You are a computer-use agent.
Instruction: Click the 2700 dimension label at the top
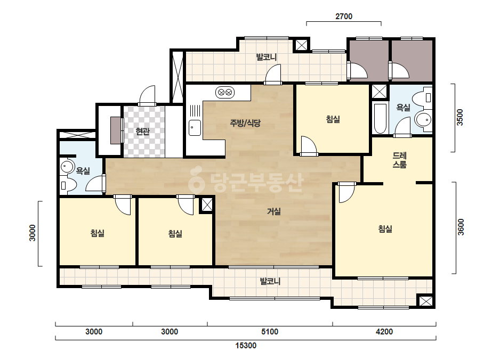point(344,17)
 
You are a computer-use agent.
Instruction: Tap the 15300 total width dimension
point(246,346)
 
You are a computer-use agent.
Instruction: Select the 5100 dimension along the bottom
point(270,331)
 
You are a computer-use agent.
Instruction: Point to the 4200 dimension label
point(384,331)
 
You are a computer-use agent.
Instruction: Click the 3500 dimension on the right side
point(459,117)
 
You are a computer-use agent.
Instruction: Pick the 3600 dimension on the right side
point(461,227)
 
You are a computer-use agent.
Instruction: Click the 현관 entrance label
point(142,132)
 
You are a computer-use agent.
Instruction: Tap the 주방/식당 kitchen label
point(245,123)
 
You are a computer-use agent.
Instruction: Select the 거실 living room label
point(273,211)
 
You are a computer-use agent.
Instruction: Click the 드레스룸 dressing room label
point(399,160)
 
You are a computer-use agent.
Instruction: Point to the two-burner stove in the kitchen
point(225,92)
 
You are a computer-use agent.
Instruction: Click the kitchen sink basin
point(195,128)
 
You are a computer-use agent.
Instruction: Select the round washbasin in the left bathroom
point(67,167)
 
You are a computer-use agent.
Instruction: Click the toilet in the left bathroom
point(68,185)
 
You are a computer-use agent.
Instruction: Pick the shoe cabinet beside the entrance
point(116,130)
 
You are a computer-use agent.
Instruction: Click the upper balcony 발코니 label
point(267,57)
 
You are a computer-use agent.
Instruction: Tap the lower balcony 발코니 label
point(270,281)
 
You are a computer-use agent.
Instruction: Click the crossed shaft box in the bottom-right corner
point(426,301)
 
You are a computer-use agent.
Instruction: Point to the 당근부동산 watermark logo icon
point(196,179)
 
